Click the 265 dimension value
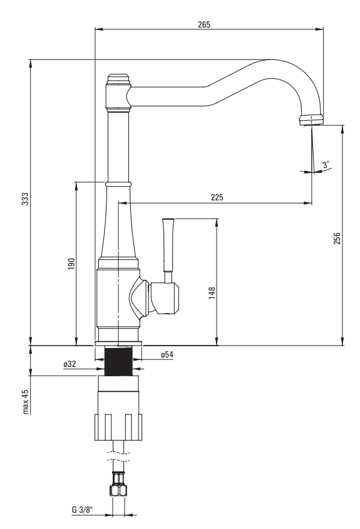(203, 24)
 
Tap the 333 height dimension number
(26, 198)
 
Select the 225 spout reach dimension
(217, 197)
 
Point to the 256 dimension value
(337, 238)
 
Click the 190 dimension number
(71, 264)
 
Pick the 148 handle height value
(212, 293)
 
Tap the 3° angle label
(326, 164)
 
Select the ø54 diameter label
(167, 354)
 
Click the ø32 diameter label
(69, 364)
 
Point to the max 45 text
(25, 401)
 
